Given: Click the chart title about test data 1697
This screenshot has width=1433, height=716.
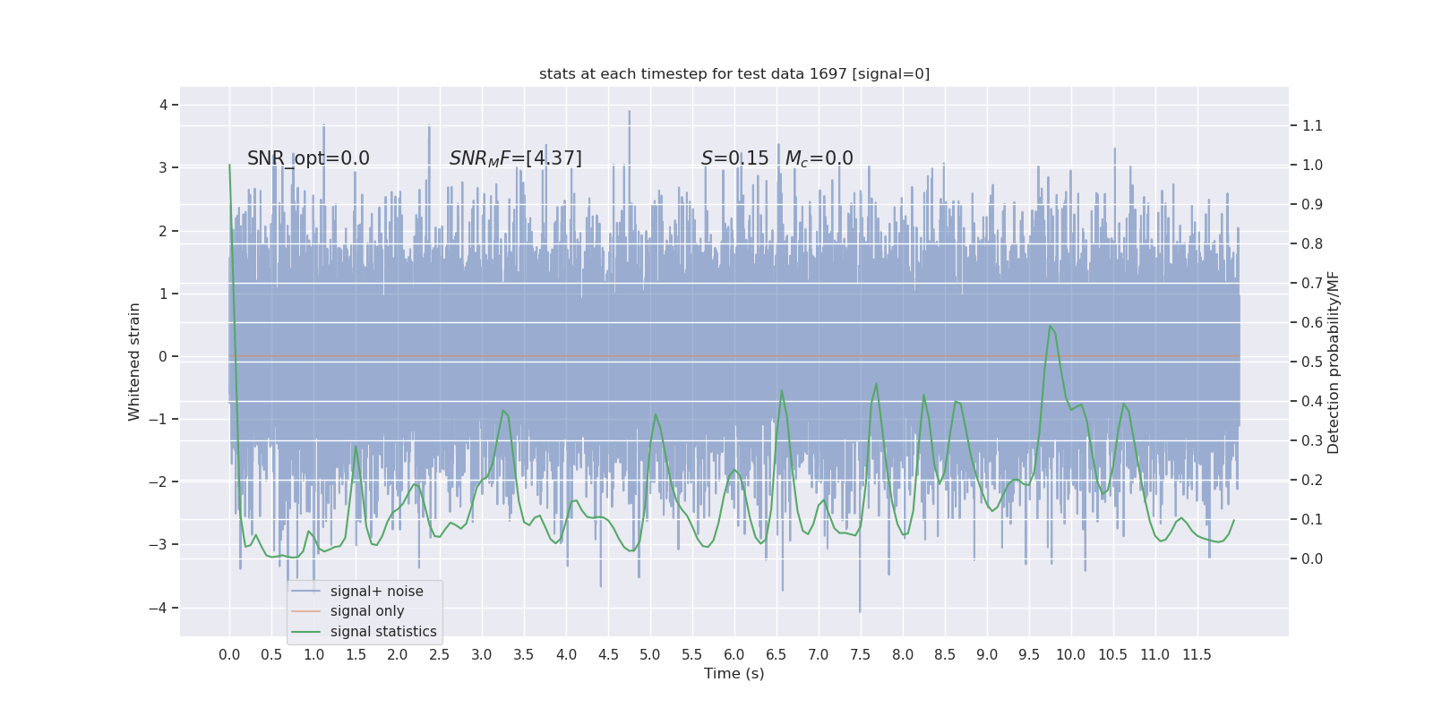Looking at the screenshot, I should click(734, 74).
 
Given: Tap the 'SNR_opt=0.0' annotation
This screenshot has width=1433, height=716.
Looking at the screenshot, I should click(308, 158).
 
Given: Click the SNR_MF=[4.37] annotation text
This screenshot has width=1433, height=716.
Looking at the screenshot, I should click(515, 158).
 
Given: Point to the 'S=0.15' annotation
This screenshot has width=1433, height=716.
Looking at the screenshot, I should click(734, 158).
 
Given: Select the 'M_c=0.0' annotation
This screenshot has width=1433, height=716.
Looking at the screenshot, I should click(819, 158).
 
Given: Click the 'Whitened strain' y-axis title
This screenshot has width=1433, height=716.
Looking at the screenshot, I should click(134, 362).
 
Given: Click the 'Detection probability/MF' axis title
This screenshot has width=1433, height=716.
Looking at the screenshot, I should click(1334, 362).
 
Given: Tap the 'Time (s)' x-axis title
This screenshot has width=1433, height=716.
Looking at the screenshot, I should click(734, 673).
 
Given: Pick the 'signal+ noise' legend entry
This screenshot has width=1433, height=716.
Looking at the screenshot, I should click(376, 592).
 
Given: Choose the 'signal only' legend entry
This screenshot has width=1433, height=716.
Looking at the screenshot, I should click(367, 611).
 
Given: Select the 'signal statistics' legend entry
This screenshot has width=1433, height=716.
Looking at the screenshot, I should click(383, 632).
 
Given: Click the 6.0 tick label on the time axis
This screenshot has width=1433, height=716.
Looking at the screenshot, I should click(734, 655).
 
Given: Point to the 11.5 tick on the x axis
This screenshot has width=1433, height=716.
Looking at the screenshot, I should click(1197, 655).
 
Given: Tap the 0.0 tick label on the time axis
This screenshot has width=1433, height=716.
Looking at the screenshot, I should click(229, 655).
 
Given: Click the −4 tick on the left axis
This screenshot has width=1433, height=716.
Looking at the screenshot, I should click(162, 609).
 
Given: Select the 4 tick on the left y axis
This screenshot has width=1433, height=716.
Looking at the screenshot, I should click(164, 105).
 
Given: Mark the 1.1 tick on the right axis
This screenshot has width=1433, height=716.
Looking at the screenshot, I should click(1312, 126).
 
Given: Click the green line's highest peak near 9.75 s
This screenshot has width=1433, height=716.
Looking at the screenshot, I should click(1050, 325).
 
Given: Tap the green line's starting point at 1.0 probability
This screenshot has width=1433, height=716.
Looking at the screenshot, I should click(229, 165).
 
